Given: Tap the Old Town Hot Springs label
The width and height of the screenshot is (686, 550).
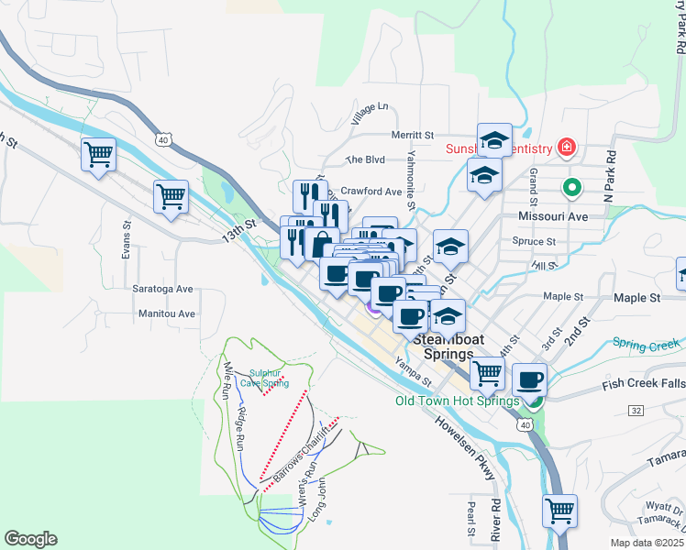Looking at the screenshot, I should pos(457,401).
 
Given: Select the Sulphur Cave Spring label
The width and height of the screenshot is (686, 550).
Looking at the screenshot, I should pos(268,378).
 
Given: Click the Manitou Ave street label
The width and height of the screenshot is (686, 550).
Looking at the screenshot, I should pos(167,313).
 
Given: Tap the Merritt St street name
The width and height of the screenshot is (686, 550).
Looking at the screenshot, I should pos(412,135).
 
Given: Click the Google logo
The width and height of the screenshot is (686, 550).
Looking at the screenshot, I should pos(30,539).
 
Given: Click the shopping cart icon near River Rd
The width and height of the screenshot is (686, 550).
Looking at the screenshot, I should pos(560,511).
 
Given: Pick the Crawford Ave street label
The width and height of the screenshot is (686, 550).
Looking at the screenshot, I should pos(371,192).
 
